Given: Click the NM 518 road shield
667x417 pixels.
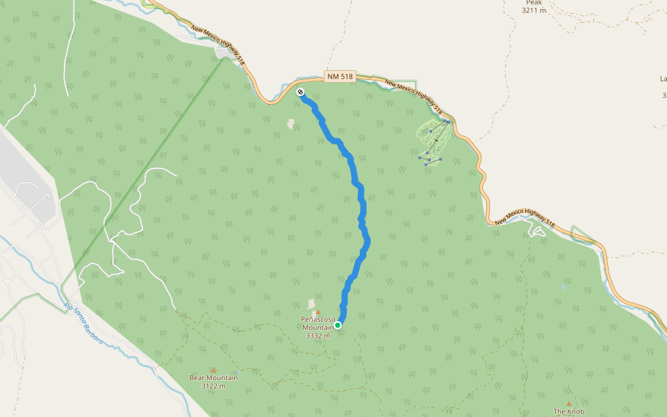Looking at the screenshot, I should [x=340, y=77].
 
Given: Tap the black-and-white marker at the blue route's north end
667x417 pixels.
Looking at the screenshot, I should [x=300, y=92].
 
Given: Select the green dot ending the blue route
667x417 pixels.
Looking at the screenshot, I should [x=338, y=325].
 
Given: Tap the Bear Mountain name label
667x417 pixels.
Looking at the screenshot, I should [x=213, y=378].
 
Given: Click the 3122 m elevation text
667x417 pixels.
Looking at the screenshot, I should [x=213, y=386].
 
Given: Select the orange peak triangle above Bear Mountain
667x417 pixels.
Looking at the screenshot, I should [x=213, y=370].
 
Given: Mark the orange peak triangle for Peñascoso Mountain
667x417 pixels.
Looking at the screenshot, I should [x=318, y=312].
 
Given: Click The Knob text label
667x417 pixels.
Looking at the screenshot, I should [x=569, y=411].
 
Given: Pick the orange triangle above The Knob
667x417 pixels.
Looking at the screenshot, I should [x=569, y=403].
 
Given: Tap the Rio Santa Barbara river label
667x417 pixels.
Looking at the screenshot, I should [x=83, y=324].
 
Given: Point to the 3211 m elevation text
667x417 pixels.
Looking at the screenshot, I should [x=534, y=10].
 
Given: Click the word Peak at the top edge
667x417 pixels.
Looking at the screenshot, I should [x=534, y=3].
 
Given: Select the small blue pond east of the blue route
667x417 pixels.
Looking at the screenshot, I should [x=563, y=286].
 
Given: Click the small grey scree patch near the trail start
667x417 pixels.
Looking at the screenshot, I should [x=290, y=124].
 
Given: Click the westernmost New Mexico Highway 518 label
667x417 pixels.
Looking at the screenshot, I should [x=220, y=48].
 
